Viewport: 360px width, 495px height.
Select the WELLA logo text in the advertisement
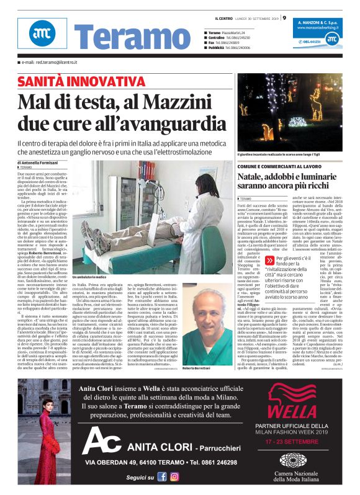click(292, 411)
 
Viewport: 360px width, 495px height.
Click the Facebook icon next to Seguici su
click(162, 476)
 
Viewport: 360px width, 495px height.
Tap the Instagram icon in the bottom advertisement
click(174, 476)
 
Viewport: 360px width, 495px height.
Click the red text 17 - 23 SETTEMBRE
click(292, 443)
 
